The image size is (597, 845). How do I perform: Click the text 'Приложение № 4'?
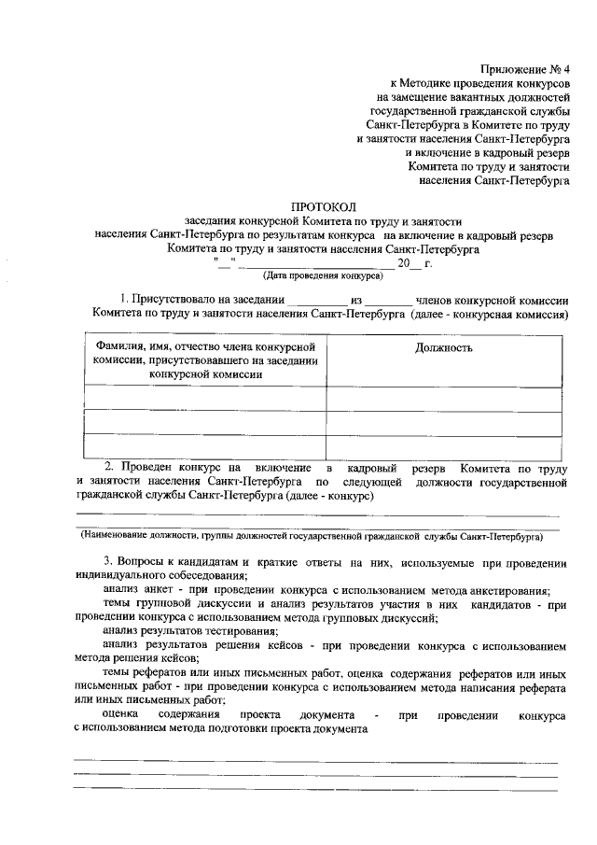point(525,68)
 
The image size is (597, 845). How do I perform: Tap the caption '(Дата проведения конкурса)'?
point(323,276)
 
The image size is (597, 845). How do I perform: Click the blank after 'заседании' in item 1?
point(316,300)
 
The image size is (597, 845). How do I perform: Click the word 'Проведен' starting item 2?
point(144,466)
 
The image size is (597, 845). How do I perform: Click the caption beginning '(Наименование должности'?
point(311,538)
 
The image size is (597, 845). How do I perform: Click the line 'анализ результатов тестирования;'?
point(184,631)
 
